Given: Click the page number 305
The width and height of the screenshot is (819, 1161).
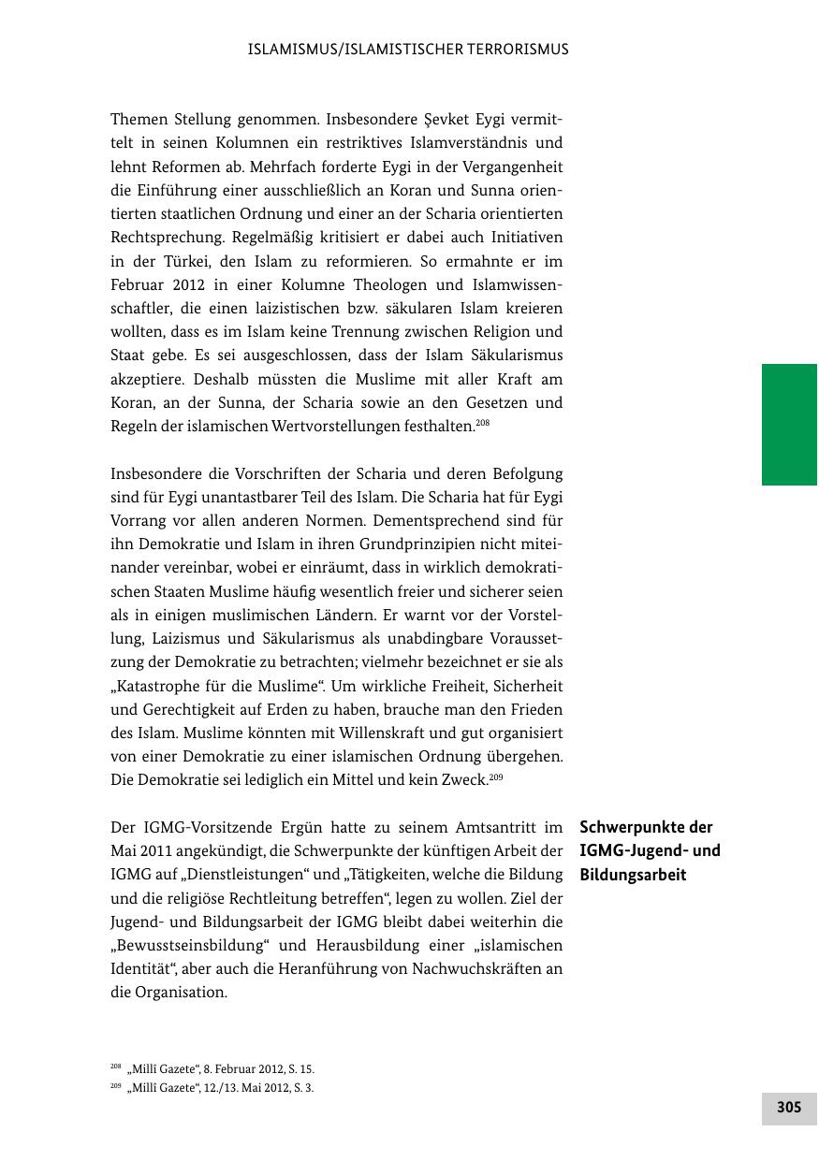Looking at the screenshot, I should coord(789,1108).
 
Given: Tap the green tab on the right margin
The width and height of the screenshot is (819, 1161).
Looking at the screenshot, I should coord(789,424).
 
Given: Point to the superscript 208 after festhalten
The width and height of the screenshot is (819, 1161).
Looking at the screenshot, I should coord(483,423).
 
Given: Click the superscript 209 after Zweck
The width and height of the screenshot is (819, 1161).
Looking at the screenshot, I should coord(496,776).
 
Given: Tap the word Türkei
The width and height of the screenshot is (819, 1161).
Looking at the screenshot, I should coord(180,261).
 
